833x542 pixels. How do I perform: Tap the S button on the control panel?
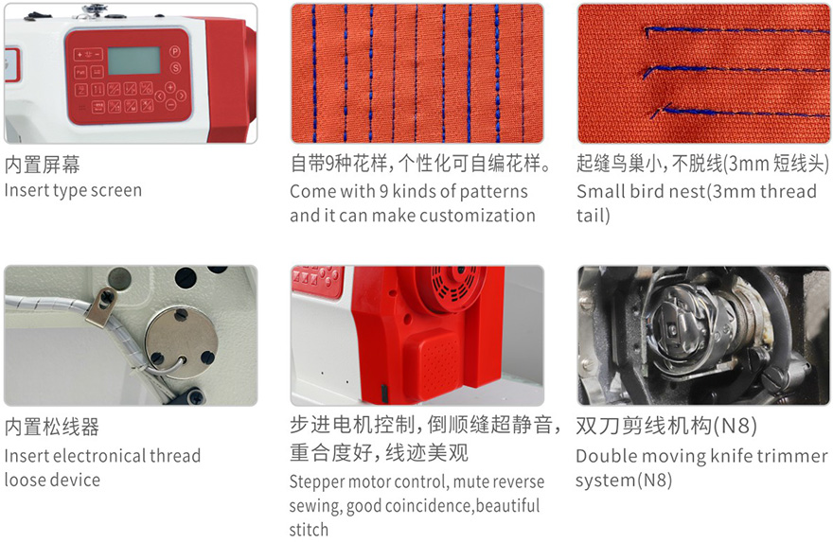[x=175, y=67]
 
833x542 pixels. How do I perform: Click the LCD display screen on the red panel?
[x=133, y=61]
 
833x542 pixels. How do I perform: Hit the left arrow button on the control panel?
[x=160, y=96]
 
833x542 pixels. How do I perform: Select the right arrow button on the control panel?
[x=181, y=96]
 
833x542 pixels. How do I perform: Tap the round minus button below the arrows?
[x=170, y=105]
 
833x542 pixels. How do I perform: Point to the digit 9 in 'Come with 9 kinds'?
[x=383, y=191]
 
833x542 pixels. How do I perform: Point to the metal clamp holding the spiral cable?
[x=102, y=306]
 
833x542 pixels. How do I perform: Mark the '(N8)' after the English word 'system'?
[x=654, y=481]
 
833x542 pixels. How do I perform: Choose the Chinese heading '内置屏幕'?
[x=43, y=165]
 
